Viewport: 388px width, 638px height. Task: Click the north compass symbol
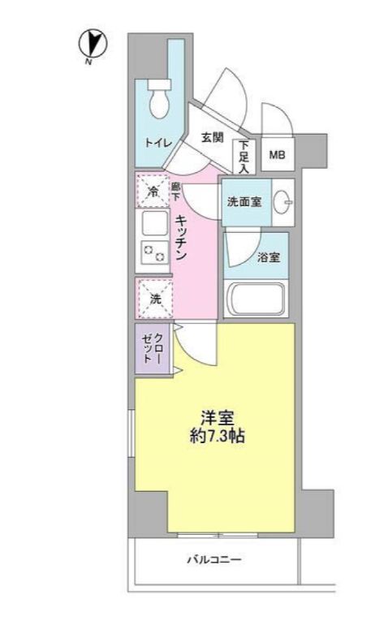[x=93, y=45]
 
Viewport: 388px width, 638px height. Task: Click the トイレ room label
[x=158, y=143]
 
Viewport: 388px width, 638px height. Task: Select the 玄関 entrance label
[x=213, y=137]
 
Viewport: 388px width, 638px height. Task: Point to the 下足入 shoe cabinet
[x=244, y=157]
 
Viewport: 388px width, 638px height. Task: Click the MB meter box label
[x=277, y=154]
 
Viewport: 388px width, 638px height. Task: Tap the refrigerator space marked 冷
[x=153, y=191]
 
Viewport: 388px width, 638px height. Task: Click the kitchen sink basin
[x=155, y=223]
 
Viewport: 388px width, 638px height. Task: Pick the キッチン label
[x=181, y=237]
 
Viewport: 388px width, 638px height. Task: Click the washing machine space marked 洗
[x=155, y=299]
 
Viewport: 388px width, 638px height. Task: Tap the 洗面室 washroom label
[x=244, y=202]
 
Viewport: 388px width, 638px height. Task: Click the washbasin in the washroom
[x=283, y=202]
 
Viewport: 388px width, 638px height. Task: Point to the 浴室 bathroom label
[x=269, y=257]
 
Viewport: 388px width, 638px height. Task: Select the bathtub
[x=256, y=300]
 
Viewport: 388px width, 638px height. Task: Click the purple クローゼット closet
[x=152, y=349]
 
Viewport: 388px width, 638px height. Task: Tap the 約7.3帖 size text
[x=218, y=436]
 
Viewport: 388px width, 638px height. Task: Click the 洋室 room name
[x=218, y=418]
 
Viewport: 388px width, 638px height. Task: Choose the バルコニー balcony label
[x=214, y=559]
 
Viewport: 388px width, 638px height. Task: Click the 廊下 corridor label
[x=175, y=192]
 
